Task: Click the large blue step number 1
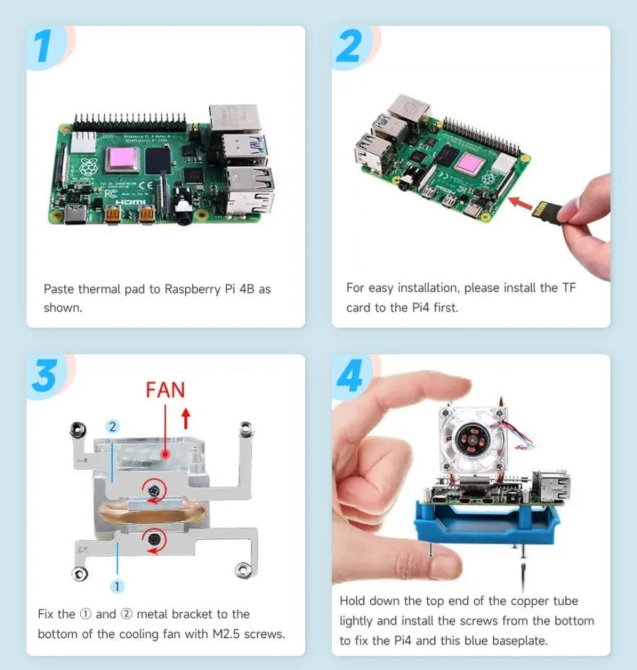[44, 46]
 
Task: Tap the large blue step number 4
[350, 377]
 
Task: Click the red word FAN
[165, 390]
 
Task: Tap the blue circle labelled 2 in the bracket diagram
[112, 427]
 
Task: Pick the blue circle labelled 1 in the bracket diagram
[117, 586]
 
